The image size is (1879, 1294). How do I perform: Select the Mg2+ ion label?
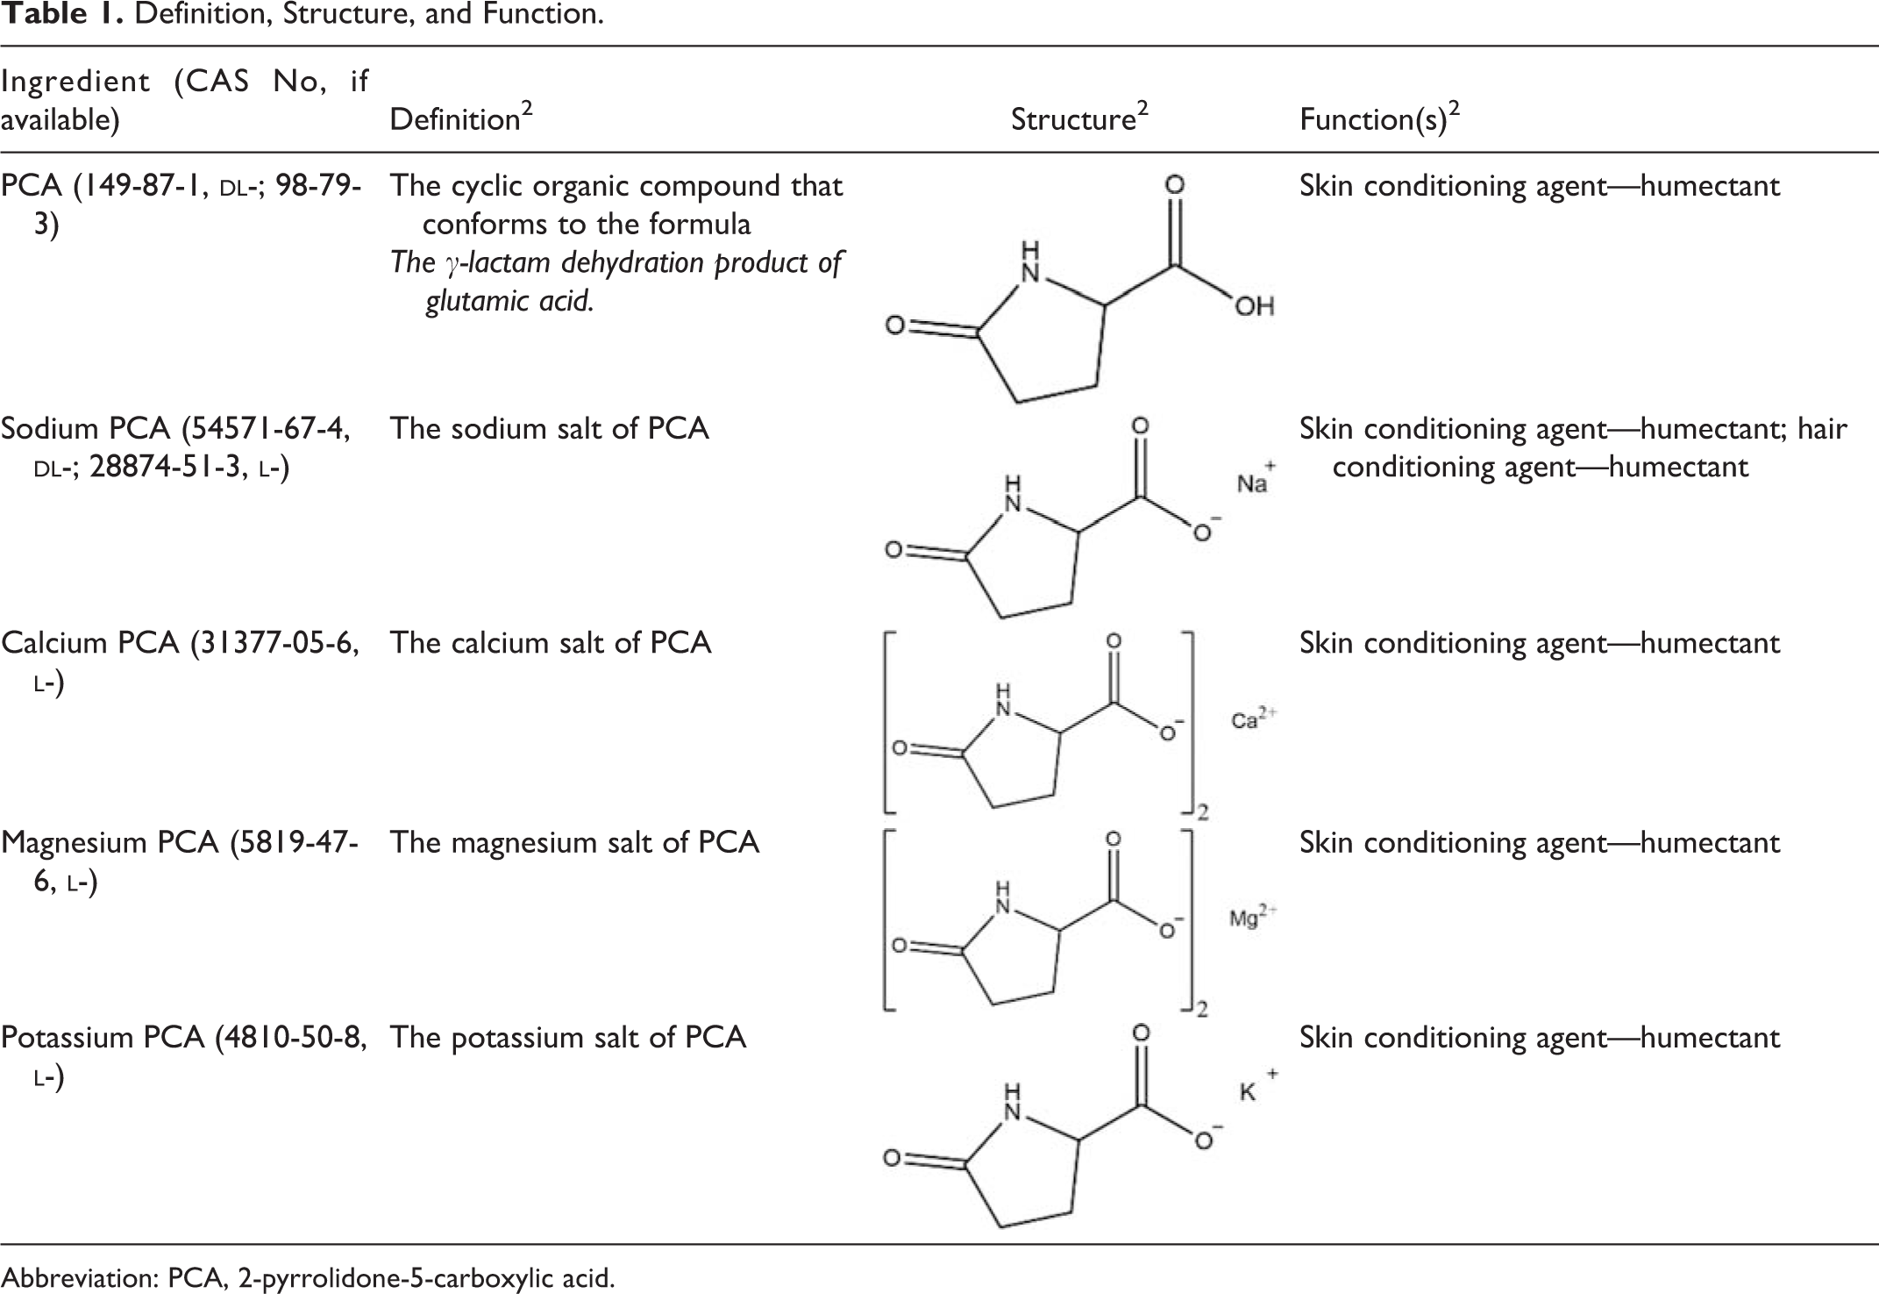point(1253,918)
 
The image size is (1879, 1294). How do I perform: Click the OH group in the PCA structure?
point(1254,306)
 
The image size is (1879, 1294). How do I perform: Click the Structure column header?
point(1079,118)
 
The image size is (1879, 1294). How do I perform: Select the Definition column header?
point(461,118)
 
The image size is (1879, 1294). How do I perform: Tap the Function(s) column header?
point(1380,118)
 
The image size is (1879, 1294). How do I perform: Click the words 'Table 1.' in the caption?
point(62,15)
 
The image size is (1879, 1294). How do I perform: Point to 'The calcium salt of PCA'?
point(551,643)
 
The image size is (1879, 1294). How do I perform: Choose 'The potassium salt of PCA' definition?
point(568,1038)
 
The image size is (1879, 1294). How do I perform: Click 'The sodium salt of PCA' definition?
point(550,429)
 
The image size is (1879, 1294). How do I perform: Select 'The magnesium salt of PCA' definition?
point(574,843)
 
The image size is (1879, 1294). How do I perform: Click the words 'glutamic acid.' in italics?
point(509,301)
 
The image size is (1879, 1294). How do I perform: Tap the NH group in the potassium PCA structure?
point(1014,1103)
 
